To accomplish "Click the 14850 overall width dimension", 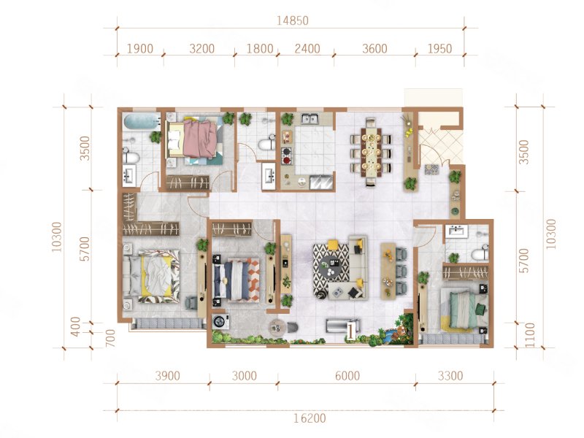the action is pyautogui.click(x=293, y=20).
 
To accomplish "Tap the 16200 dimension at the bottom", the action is pyautogui.click(x=310, y=418).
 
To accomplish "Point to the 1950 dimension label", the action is pyautogui.click(x=440, y=48).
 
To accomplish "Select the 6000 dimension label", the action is pyautogui.click(x=347, y=376).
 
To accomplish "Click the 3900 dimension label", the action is pyautogui.click(x=168, y=376).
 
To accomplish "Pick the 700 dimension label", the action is pyautogui.click(x=111, y=338).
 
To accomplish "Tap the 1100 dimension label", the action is pyautogui.click(x=529, y=335).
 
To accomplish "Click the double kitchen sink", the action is pyautogui.click(x=310, y=119).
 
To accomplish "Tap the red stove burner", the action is pyautogui.click(x=287, y=160).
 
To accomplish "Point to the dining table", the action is pyautogui.click(x=371, y=153).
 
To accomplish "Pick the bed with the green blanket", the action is pyautogui.click(x=465, y=309).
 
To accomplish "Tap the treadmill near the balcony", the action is pyautogui.click(x=342, y=326).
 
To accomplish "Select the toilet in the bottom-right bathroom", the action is pyautogui.click(x=480, y=253).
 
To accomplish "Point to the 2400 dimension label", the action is pyautogui.click(x=307, y=48).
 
